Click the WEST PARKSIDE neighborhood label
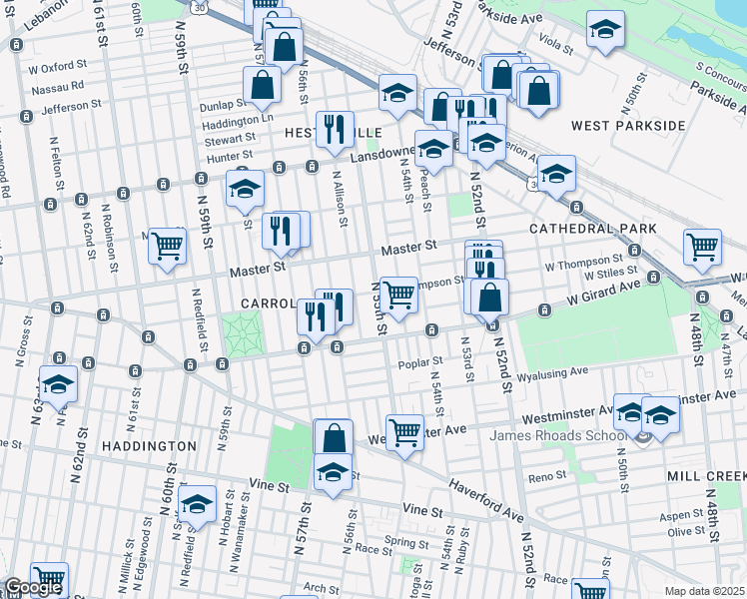point(628,126)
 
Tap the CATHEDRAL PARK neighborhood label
point(592,229)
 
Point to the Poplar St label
point(419,363)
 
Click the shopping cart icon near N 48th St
point(703,246)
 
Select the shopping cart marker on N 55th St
point(398,294)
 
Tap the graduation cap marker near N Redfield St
point(198,504)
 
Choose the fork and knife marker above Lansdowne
point(335,128)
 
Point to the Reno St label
point(547,477)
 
